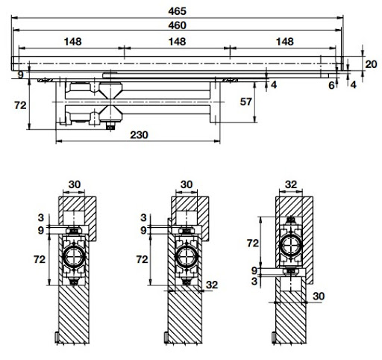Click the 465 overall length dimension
coord(178,11)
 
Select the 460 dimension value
coord(177,25)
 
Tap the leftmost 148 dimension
coord(72,42)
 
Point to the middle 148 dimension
coord(177,42)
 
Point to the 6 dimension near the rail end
coord(331,85)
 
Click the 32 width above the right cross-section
coord(292,184)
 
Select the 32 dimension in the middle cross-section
coord(211,285)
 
